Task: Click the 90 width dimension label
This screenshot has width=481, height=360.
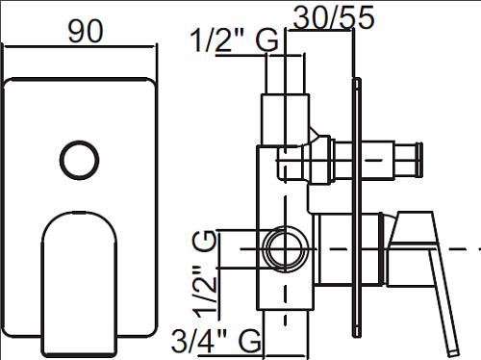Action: point(86,31)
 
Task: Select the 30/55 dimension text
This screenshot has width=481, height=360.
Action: point(334,17)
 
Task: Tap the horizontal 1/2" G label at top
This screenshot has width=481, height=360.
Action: point(234,40)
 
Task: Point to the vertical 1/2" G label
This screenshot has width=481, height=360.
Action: point(204,273)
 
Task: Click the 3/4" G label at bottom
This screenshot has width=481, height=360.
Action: point(216,340)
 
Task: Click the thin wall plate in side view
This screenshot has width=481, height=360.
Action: point(357,208)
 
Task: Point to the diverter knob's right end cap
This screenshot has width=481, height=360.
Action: point(418,160)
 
